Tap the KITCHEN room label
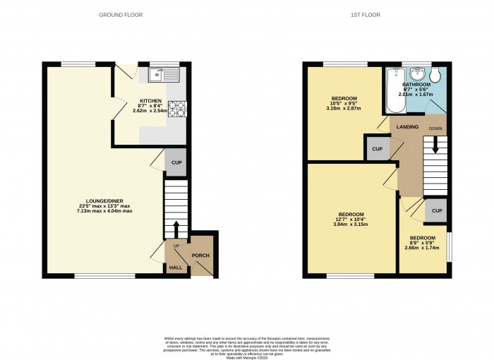click(151, 101)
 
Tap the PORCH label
click(200, 256)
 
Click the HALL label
click(176, 268)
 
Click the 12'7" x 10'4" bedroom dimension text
click(351, 220)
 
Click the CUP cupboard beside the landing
click(378, 149)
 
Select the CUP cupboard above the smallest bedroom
click(437, 210)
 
